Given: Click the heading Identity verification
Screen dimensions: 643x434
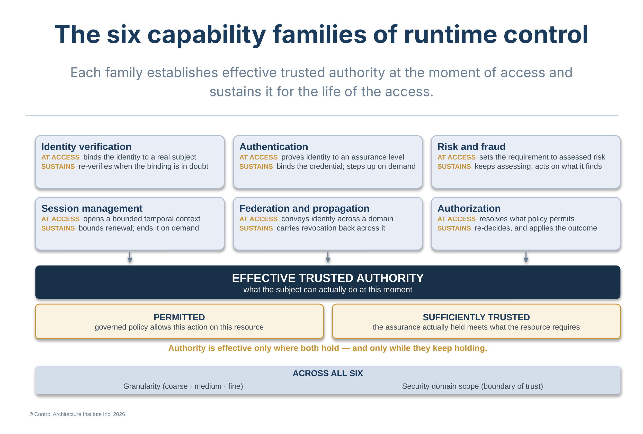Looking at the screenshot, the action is (86, 147).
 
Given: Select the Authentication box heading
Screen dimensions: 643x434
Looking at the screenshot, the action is (274, 147).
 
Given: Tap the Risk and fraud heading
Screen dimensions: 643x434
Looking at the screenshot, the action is (471, 147).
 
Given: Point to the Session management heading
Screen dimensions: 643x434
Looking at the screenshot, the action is (92, 208).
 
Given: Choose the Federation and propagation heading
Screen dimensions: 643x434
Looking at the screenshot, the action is (304, 208).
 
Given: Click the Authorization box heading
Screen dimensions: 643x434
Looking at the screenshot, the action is (469, 208).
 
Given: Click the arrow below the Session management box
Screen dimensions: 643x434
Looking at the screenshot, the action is (130, 258).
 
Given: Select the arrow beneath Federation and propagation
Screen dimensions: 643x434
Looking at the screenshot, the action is (328, 258).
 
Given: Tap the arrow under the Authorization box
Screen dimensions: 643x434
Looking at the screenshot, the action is (526, 258).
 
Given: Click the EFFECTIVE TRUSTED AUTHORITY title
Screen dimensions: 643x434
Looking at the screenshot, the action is (328, 278).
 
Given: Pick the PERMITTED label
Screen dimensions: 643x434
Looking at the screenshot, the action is (179, 317).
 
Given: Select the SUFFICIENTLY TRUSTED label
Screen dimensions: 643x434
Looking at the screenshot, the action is (476, 317).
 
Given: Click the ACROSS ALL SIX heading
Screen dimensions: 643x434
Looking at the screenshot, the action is (328, 373).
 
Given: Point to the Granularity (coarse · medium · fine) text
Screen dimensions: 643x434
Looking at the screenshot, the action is (183, 386).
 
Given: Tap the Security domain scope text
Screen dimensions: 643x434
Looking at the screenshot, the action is (472, 386).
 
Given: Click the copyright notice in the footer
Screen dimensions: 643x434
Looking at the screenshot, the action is (77, 414).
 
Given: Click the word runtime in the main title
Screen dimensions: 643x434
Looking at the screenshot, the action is (450, 34).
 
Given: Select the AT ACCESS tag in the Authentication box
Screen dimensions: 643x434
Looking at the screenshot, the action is (258, 157).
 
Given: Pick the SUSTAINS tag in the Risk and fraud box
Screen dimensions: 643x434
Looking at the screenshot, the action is (454, 167).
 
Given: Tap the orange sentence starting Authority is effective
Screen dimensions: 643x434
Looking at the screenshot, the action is (328, 348).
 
